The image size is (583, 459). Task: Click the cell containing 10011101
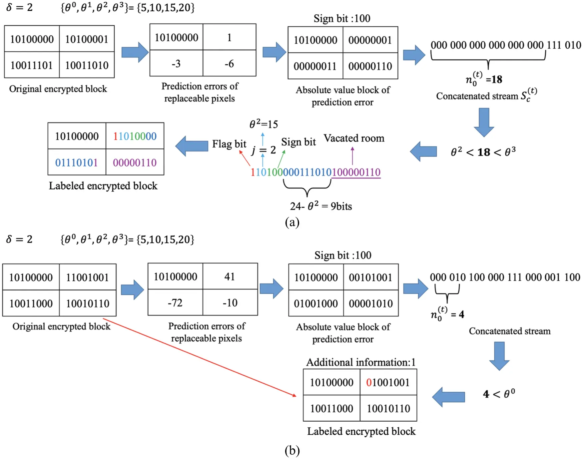click(x=32, y=65)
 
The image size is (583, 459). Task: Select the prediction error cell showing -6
click(x=229, y=63)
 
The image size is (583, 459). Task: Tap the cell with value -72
click(x=175, y=303)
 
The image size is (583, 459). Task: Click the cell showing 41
click(x=230, y=276)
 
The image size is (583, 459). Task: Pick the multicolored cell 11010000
click(x=135, y=136)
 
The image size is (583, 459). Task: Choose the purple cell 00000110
click(x=135, y=162)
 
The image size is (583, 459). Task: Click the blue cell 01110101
click(x=77, y=162)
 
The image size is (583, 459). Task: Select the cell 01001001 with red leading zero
click(x=388, y=382)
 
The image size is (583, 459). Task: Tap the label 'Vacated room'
click(x=354, y=138)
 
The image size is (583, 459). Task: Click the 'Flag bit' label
click(x=229, y=144)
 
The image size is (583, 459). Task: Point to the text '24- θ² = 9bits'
click(x=321, y=206)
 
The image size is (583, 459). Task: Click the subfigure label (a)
click(x=292, y=222)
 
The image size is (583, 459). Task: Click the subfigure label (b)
click(x=292, y=450)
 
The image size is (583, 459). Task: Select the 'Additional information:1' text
click(x=361, y=362)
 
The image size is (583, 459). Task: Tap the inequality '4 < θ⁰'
click(x=499, y=394)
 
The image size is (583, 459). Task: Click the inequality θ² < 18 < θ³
click(x=483, y=152)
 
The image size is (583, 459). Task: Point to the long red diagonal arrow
click(x=200, y=357)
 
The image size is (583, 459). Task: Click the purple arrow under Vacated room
click(x=352, y=156)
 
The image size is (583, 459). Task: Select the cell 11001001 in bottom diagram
click(x=88, y=277)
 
